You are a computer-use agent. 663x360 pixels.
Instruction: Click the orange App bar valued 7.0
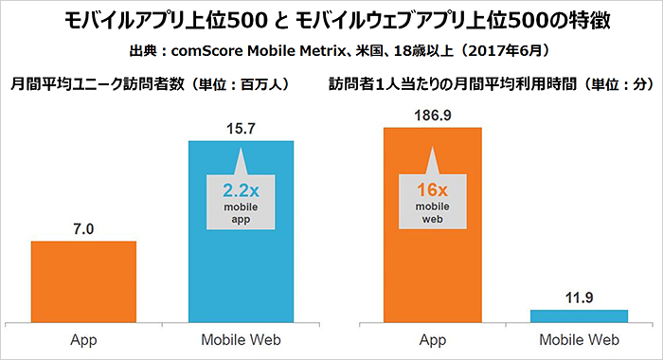click(83, 280)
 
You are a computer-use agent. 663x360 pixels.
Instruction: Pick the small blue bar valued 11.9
click(579, 315)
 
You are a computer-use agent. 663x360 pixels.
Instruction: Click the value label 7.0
click(83, 226)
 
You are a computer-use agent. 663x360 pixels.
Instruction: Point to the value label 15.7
click(241, 126)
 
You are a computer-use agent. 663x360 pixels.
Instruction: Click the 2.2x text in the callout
click(241, 187)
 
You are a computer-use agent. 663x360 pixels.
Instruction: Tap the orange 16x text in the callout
click(432, 189)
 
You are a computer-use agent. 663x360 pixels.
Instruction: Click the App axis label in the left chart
click(83, 339)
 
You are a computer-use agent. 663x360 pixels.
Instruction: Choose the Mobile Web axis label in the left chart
click(241, 339)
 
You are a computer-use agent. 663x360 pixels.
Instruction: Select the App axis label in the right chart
click(432, 339)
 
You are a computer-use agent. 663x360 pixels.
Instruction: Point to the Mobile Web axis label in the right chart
click(579, 339)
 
